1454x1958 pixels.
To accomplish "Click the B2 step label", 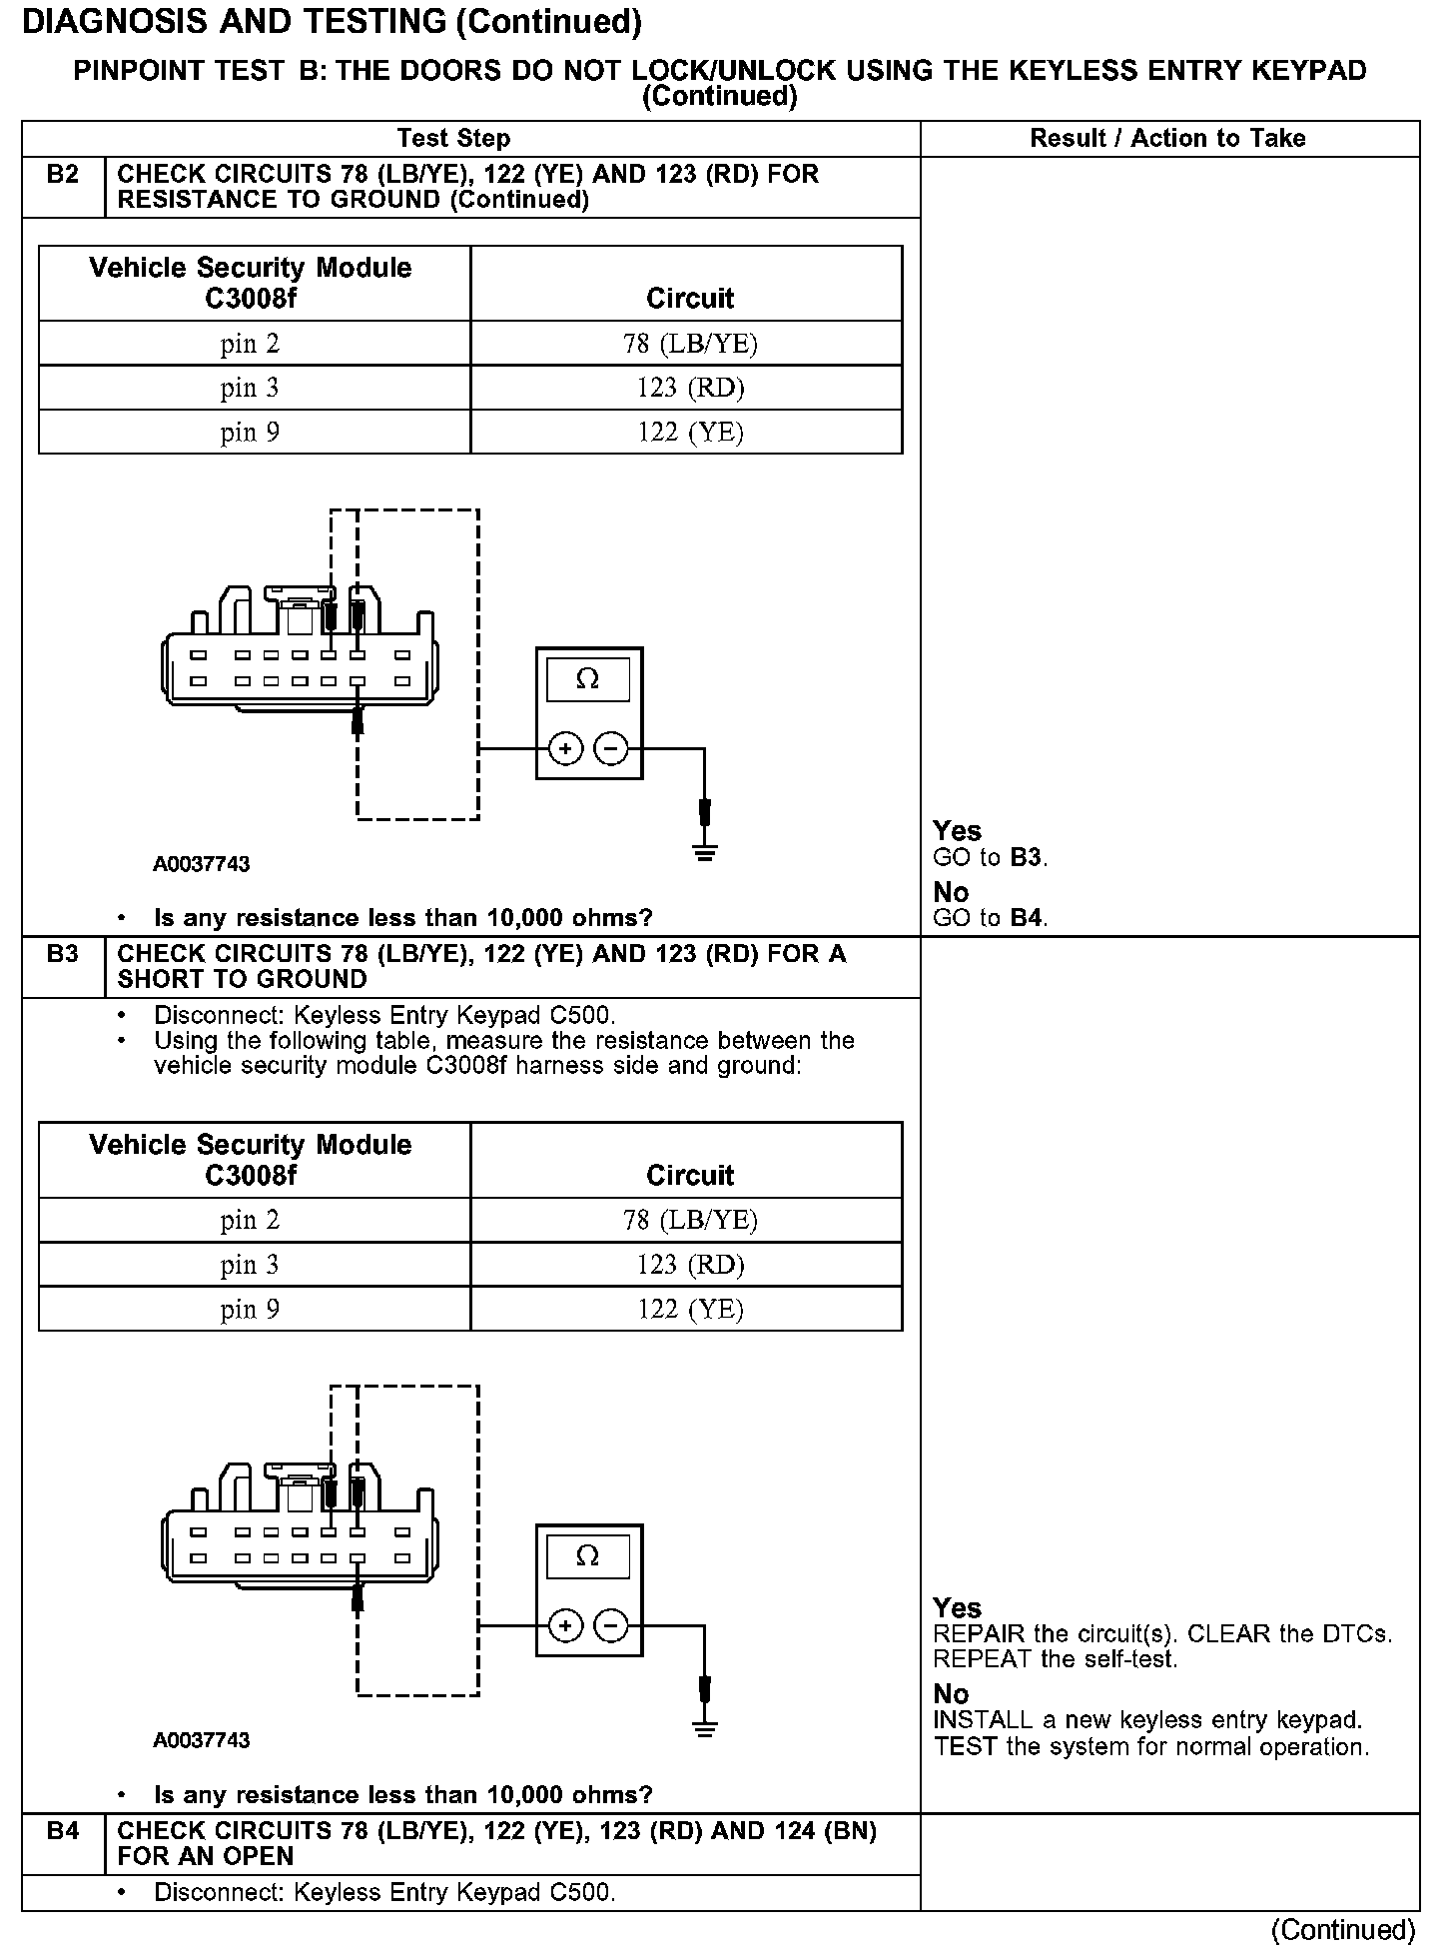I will click(x=62, y=175).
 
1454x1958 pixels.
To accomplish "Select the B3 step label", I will click(x=62, y=954).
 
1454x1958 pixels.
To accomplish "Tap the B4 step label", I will click(x=62, y=1831).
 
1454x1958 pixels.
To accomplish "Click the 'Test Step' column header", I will click(x=453, y=139).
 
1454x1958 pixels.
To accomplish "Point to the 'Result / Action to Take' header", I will click(x=1167, y=139).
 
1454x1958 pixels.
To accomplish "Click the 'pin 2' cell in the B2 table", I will click(x=250, y=344).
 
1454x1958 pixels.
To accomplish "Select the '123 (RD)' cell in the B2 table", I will click(x=690, y=388).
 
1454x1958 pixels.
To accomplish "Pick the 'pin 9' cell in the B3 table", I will click(x=250, y=1309).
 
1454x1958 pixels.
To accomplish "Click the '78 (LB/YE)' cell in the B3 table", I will click(x=690, y=1220).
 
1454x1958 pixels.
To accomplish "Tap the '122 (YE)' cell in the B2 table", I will click(x=690, y=432).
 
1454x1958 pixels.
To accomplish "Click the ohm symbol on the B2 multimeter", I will click(x=588, y=680).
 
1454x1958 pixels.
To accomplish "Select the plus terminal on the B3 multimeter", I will click(x=565, y=1626).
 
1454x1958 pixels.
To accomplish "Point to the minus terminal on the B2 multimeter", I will click(x=611, y=748).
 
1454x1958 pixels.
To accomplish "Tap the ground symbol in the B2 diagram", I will click(x=705, y=852).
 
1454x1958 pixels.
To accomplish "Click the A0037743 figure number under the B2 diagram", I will click(x=201, y=864).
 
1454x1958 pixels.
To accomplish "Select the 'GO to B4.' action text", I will click(x=990, y=918).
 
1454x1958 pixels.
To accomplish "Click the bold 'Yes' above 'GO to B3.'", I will click(x=957, y=831).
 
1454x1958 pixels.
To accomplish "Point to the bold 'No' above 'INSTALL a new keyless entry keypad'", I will click(x=951, y=1694).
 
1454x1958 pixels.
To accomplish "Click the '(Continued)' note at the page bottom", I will click(x=1343, y=1930).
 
